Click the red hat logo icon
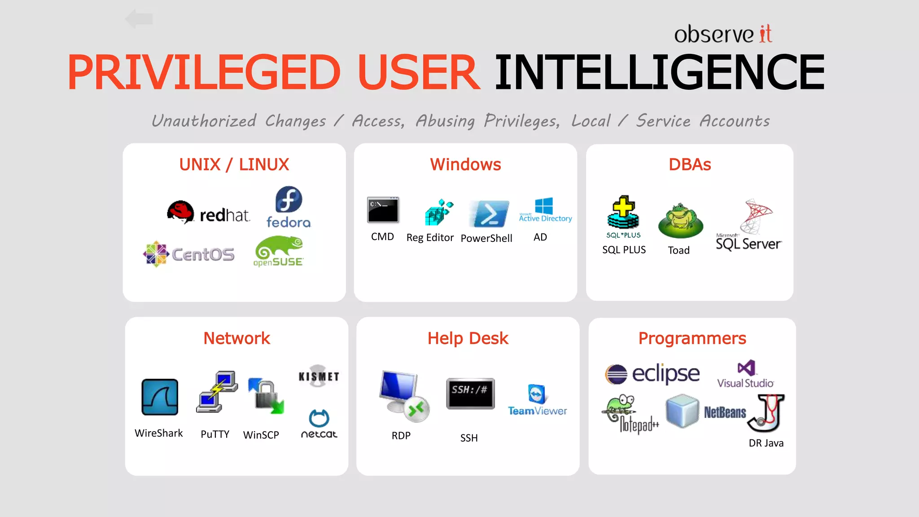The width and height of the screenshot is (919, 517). coord(180,212)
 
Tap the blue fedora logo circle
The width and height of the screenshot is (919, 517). coord(289,200)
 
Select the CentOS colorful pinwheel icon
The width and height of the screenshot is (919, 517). coord(156,254)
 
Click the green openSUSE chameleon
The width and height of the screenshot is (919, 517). coord(278,247)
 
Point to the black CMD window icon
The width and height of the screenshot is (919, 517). coord(383,210)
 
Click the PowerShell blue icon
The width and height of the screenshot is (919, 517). coord(489,214)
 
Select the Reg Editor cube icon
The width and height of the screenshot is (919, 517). coord(438,212)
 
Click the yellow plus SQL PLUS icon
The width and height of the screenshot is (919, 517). coord(623,212)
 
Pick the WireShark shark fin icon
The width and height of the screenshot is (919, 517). coord(160,397)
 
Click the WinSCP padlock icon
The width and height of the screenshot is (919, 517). coord(266,395)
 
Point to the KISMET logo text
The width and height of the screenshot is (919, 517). coord(319,376)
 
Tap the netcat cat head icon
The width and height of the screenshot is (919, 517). coord(319,418)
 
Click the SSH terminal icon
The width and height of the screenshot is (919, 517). coord(470,393)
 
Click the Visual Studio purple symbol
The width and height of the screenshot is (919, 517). coord(746,368)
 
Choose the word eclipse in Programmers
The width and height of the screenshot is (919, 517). coord(665,373)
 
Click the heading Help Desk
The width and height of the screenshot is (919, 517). coord(468,338)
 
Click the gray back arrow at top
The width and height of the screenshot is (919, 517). coord(139,19)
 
